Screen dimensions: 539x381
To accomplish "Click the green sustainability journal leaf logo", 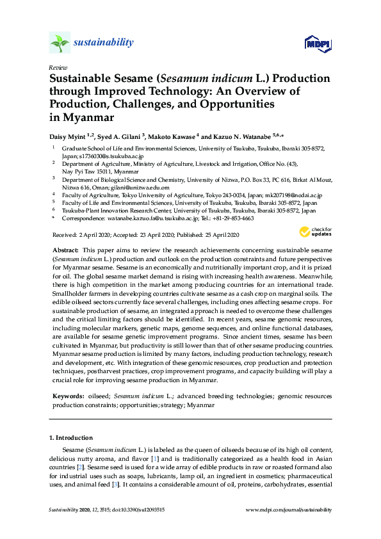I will coord(60,43).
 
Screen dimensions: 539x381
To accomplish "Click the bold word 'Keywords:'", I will coord(67,397).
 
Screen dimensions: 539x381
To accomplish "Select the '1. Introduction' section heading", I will coord(70,438).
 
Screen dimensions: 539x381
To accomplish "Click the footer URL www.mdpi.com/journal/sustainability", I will coord(289,510).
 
